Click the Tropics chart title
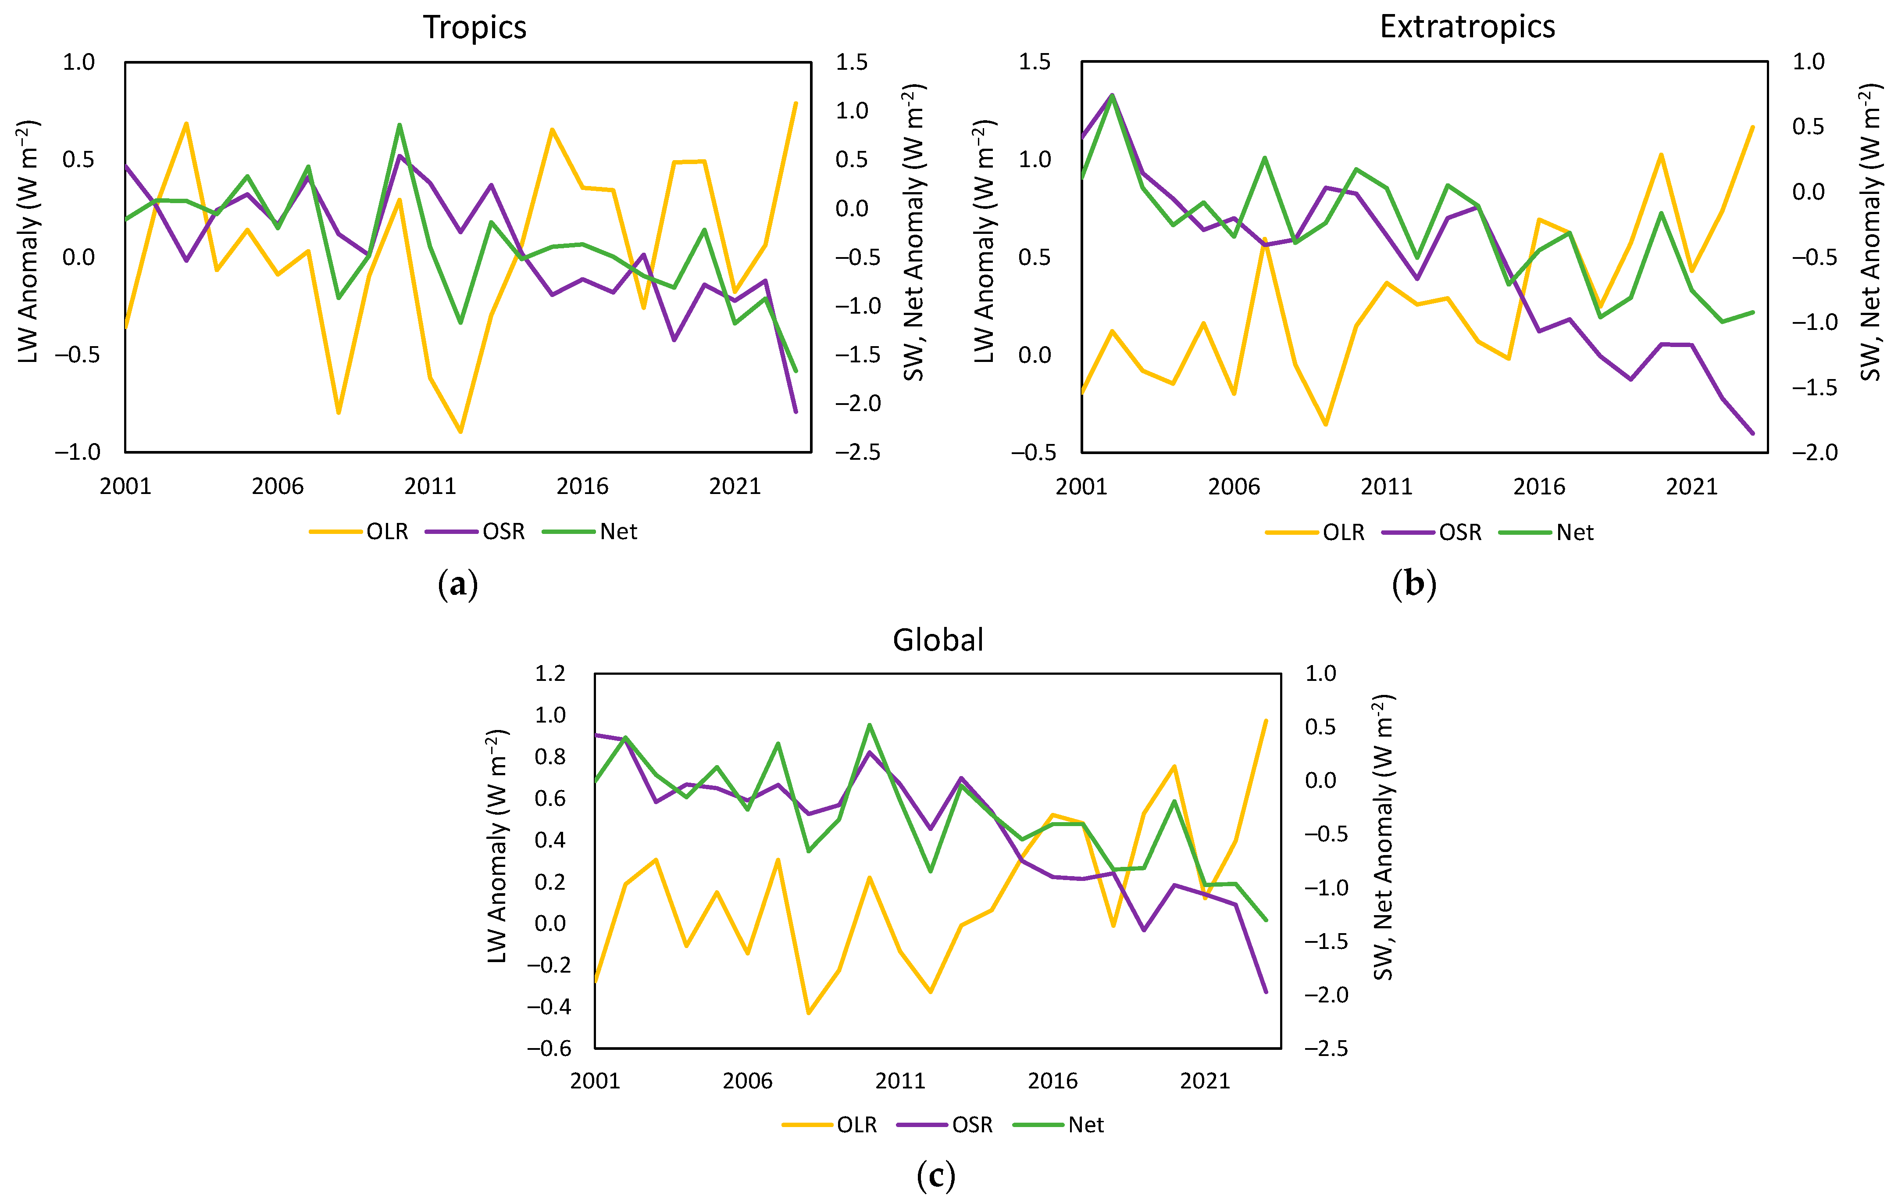(474, 28)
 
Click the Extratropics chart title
(1467, 27)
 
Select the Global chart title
(938, 640)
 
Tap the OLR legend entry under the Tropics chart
(386, 532)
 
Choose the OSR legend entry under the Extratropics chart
(1459, 533)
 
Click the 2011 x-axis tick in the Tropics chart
(430, 487)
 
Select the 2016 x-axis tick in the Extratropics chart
(1538, 487)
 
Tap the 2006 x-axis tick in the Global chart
(747, 1081)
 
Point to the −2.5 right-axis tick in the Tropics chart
(858, 452)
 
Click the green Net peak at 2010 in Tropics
(400, 125)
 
